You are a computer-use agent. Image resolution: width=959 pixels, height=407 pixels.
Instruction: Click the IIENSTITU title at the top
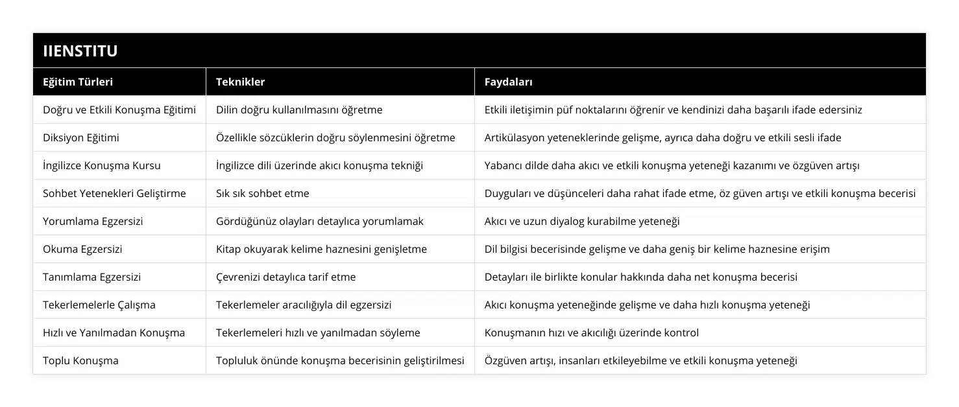(x=80, y=51)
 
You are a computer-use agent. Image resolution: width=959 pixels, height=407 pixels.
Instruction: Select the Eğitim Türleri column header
(x=78, y=82)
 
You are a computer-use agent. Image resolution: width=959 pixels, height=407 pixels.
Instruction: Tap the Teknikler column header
(x=240, y=82)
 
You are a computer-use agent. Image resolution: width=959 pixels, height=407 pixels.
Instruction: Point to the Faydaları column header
(x=509, y=82)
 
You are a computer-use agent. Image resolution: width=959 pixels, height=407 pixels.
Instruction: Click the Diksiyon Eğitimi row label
(x=81, y=137)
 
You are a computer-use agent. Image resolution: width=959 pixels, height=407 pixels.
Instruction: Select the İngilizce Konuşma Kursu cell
(x=102, y=165)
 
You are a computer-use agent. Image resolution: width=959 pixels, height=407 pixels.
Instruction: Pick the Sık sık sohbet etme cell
(x=262, y=193)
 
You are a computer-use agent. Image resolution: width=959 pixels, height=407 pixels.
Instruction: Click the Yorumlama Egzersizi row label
(x=93, y=221)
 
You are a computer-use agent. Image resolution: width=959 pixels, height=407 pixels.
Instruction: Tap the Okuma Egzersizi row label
(x=82, y=249)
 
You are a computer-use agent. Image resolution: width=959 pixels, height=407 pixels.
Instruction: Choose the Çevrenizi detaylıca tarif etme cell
(x=285, y=277)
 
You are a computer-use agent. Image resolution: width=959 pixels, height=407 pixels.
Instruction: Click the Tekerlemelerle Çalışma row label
(x=99, y=305)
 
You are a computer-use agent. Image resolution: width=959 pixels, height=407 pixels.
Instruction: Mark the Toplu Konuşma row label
(x=80, y=360)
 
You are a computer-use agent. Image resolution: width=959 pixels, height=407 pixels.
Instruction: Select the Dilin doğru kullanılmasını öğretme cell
(x=299, y=110)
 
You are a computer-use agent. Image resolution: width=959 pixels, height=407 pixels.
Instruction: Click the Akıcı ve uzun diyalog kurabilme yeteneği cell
(x=582, y=221)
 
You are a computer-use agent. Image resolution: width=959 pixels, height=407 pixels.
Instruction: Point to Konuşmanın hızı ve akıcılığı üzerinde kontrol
(x=592, y=332)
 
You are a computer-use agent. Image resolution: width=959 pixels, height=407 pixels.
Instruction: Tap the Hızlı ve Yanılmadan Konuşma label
(x=114, y=332)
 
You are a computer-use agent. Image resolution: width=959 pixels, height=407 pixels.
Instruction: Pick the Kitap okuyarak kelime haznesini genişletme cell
(x=321, y=249)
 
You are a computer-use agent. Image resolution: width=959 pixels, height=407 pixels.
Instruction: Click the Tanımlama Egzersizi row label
(x=91, y=277)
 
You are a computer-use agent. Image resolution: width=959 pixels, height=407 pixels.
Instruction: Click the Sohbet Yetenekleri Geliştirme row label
(x=114, y=193)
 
